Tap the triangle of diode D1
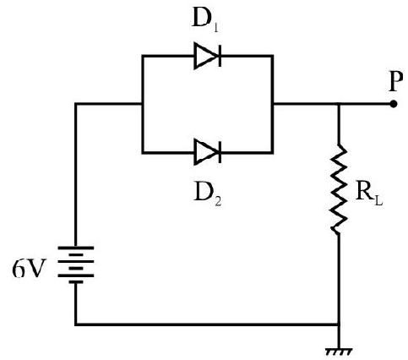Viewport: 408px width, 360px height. point(206,56)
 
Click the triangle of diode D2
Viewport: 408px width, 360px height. point(206,152)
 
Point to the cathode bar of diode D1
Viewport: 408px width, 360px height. point(220,56)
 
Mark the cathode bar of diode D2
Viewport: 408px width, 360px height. point(220,152)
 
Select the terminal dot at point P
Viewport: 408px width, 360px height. point(394,104)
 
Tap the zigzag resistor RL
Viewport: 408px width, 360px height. point(339,188)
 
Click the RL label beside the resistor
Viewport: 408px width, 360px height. point(369,194)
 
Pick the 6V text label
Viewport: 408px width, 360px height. point(29,268)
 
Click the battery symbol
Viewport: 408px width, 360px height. point(75,265)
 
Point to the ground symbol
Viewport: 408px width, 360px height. point(339,352)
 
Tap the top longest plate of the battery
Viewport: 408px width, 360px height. point(75,248)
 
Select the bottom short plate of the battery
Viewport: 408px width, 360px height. point(75,282)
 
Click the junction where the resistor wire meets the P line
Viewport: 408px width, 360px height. point(339,104)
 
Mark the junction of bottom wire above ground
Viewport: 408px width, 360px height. point(339,325)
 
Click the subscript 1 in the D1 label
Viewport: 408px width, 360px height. point(215,28)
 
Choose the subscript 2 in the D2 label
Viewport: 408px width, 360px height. point(218,201)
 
